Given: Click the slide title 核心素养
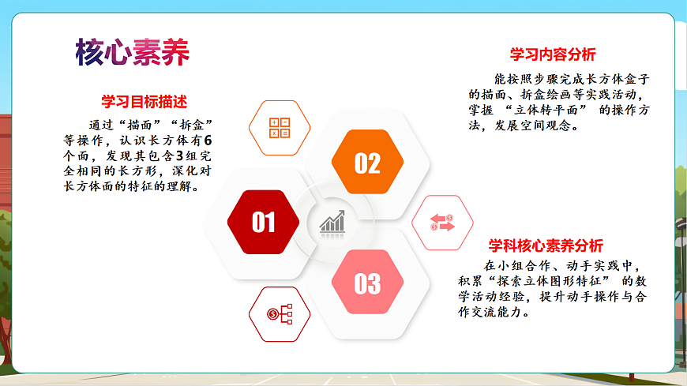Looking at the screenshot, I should click(x=133, y=52).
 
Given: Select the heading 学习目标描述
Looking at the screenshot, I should click(x=144, y=102).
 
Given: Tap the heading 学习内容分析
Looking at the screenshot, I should click(x=553, y=54).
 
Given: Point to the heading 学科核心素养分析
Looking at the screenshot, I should click(x=545, y=245).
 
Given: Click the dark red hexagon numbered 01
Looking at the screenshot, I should click(x=263, y=223).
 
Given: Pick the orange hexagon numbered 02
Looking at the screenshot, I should click(x=367, y=163).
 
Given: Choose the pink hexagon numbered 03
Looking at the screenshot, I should click(x=367, y=283).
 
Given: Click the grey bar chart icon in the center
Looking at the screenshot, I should click(x=332, y=222).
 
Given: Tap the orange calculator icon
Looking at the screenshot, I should click(x=280, y=128).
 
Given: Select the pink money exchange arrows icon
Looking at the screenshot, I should click(x=442, y=223).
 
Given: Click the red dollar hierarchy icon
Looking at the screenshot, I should click(x=280, y=314).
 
